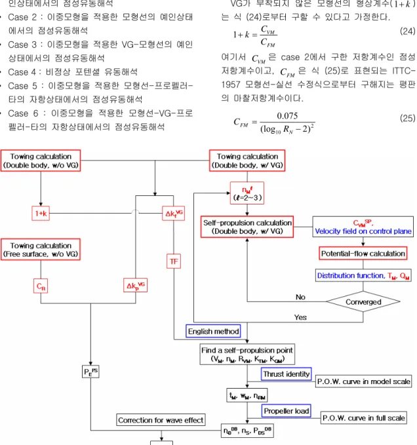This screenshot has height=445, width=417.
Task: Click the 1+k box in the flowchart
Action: coord(41,213)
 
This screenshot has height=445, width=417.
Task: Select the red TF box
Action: coord(174,261)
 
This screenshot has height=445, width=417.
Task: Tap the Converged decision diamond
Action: coord(363,301)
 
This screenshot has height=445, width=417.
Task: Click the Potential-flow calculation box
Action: coord(363,254)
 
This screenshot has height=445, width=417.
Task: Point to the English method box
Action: coord(213,331)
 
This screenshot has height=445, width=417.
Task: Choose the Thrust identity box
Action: coord(286,374)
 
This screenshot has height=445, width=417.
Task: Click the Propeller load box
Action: coord(286,411)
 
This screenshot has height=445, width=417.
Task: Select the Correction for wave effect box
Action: coord(161,419)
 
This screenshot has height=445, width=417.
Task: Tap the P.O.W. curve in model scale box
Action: coord(363,381)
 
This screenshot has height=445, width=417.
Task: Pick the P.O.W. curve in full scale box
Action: coord(364,417)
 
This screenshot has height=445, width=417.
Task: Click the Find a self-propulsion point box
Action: coord(247,354)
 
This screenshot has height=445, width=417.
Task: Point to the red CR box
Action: coord(41,286)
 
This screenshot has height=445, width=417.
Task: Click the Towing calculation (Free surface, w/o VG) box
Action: coord(41,250)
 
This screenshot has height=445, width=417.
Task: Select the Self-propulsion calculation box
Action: coord(247,227)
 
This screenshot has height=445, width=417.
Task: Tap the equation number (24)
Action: coord(407,31)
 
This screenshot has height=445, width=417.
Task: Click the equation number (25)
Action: coord(407,118)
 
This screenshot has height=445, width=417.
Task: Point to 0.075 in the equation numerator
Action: coord(287,116)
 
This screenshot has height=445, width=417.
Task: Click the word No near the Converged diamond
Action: coord(300,297)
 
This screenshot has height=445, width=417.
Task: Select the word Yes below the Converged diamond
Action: coord(300,317)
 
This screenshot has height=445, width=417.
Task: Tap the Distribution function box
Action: coord(363,275)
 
